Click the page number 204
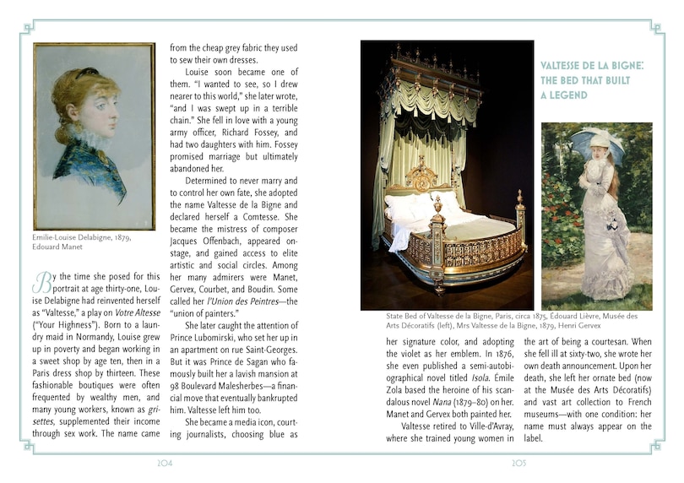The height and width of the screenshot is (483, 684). pyautogui.click(x=167, y=463)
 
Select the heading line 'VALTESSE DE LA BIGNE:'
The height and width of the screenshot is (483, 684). pyautogui.click(x=592, y=65)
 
